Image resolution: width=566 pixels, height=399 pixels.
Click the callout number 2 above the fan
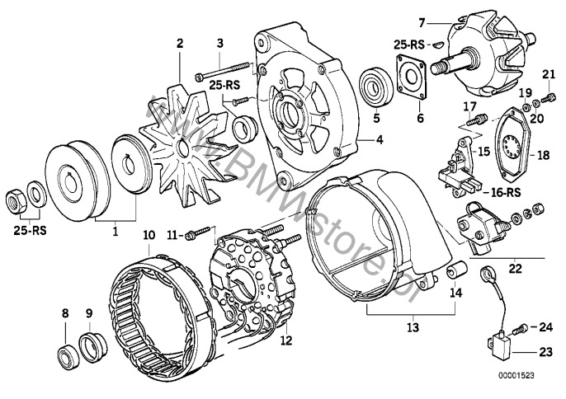[x=179, y=41]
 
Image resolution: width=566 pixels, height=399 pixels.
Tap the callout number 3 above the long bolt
[x=220, y=42]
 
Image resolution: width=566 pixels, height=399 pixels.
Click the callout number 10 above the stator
[x=148, y=234]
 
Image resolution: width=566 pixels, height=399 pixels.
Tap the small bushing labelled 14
[x=454, y=272]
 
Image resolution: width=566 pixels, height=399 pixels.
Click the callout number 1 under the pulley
[x=116, y=232]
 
